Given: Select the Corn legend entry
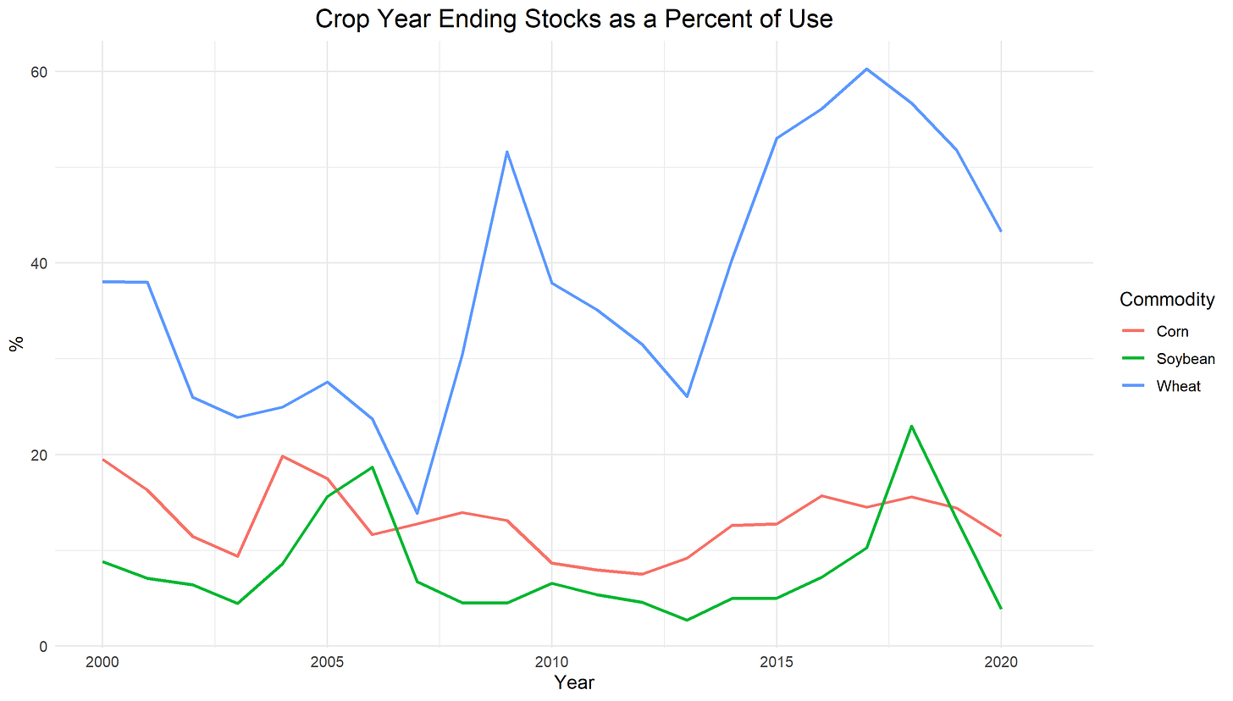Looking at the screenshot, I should [x=1172, y=331].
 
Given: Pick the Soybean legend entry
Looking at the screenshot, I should [x=1185, y=358].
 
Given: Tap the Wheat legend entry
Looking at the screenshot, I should [x=1178, y=386].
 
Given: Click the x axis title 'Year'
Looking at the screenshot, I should [x=573, y=682].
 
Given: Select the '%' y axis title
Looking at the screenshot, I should [x=15, y=343].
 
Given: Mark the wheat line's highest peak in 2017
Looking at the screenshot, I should [x=866, y=69].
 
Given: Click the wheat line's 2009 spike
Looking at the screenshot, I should [x=506, y=152].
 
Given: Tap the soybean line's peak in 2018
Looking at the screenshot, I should [x=911, y=426].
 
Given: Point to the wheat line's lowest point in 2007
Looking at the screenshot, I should [x=417, y=514].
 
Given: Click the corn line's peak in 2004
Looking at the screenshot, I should [x=281, y=456].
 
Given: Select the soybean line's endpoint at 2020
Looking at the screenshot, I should [x=1001, y=608].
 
